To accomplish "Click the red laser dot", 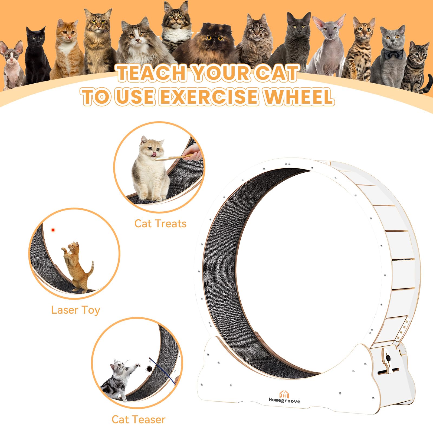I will click(53, 230).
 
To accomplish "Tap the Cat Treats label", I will click(160, 224).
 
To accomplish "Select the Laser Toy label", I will click(76, 310).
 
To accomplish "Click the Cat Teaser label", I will click(138, 419).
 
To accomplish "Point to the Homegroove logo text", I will click(284, 401).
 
